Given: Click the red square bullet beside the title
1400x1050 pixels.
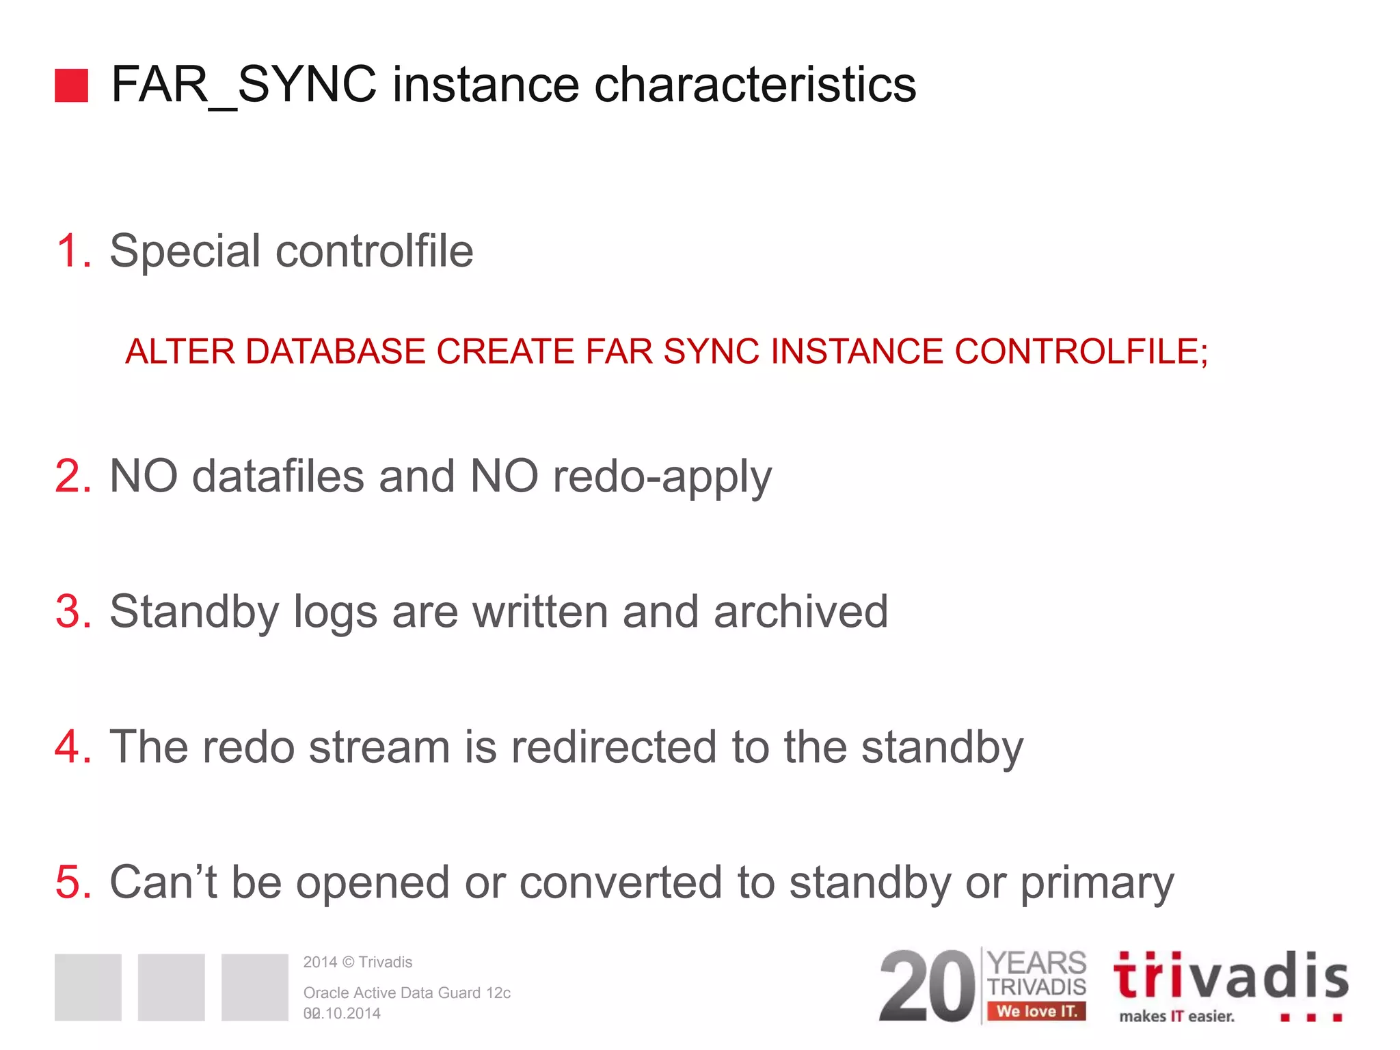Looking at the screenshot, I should (x=71, y=85).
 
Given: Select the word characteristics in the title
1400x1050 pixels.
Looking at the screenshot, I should (x=755, y=85).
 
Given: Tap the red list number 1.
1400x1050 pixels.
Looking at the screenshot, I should (x=72, y=250).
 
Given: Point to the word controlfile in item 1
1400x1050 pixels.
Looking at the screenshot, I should (x=374, y=250).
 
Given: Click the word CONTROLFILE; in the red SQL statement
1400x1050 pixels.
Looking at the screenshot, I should (x=1081, y=351).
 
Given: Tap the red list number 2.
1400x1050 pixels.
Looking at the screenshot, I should (x=72, y=476).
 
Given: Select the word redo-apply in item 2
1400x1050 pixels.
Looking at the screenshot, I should (x=662, y=477).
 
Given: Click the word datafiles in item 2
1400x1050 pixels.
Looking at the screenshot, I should (x=278, y=476).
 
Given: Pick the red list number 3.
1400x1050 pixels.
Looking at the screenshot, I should (x=72, y=611).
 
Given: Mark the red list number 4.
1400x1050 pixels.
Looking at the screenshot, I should (x=72, y=746).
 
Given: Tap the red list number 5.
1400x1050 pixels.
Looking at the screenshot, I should (x=72, y=882).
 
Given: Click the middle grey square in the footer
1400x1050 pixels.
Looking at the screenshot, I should (x=171, y=987).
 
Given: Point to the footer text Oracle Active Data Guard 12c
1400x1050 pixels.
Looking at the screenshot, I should (x=407, y=993).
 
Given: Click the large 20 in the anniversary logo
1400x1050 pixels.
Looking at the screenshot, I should (x=927, y=986).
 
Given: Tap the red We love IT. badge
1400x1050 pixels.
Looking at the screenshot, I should (x=1036, y=1011).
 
